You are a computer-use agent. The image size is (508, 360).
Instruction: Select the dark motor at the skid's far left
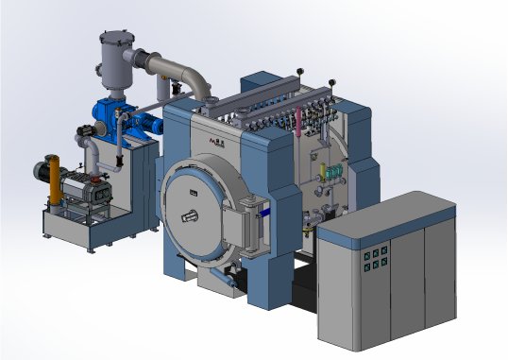pyautogui.click(x=42, y=172)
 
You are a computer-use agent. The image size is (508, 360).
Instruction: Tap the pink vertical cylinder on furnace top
pyautogui.click(x=300, y=120)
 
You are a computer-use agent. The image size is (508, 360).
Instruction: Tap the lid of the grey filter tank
pyautogui.click(x=114, y=35)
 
